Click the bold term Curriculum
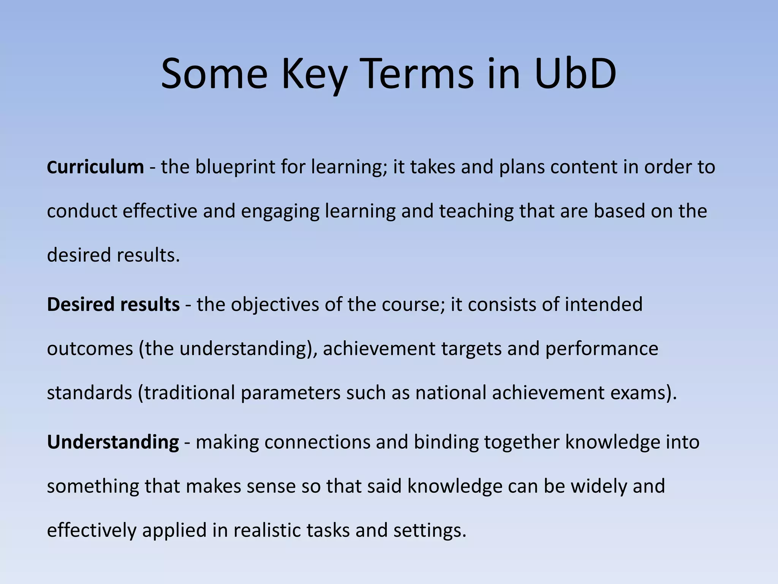(95, 167)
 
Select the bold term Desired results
(113, 305)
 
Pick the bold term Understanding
(113, 442)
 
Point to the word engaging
(280, 211)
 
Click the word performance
(601, 349)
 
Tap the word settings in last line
(429, 530)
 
